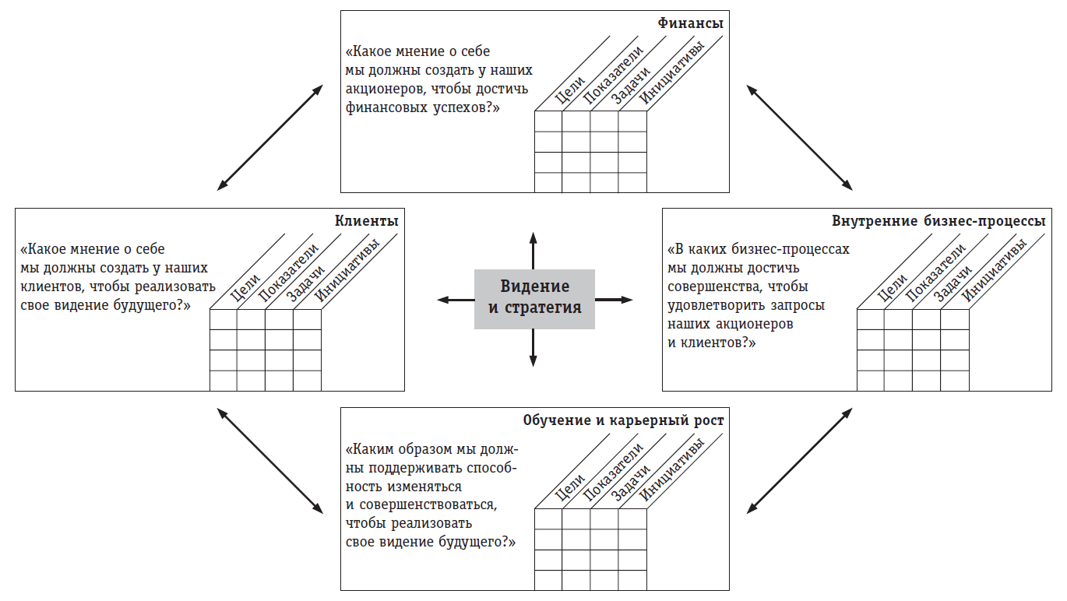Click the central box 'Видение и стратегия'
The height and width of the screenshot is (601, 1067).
pos(534,298)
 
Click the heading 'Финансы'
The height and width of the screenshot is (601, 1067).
pos(690,23)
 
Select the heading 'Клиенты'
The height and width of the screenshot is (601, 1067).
pos(366,221)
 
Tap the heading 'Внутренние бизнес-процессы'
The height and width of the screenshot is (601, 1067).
pos(938,221)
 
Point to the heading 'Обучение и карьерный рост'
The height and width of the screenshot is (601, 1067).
pos(623,420)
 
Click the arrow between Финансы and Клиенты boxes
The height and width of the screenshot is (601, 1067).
pos(269,137)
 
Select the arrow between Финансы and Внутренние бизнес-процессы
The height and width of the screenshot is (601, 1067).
pos(799,137)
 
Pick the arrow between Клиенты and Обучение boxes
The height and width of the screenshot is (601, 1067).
pos(269,460)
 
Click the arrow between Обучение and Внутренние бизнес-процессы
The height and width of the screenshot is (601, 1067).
pos(799,460)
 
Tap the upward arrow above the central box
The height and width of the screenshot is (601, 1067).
pos(533,249)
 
